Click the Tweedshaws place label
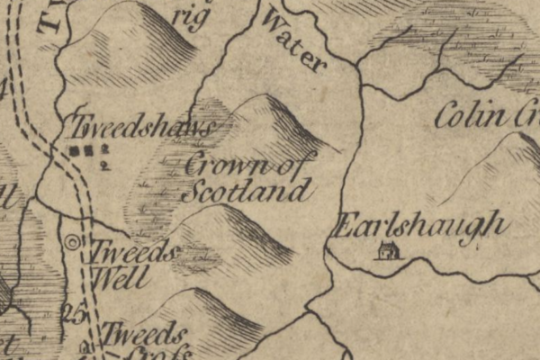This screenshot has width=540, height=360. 142,127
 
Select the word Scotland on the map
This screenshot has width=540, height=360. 245,192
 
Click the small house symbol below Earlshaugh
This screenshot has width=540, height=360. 388,251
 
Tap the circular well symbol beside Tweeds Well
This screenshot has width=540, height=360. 73,241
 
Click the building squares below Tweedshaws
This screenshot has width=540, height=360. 81,149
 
